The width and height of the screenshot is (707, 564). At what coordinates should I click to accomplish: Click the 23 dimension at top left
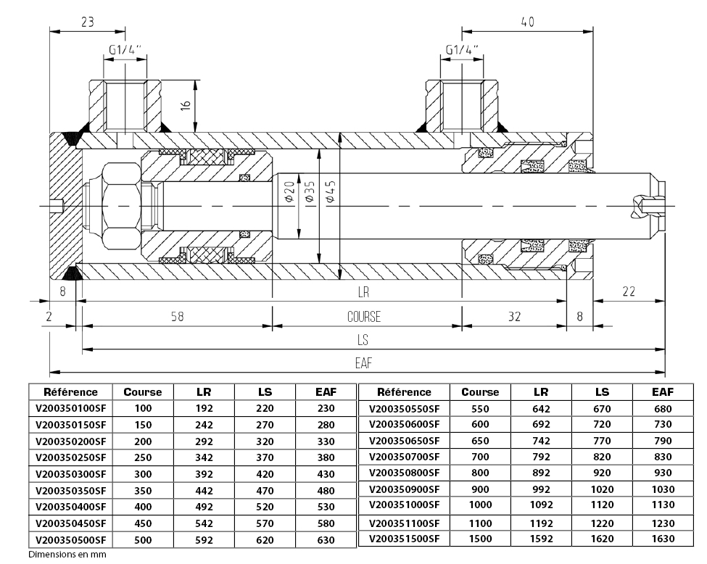87,22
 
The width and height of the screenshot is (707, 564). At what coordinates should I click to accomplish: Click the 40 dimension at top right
527,22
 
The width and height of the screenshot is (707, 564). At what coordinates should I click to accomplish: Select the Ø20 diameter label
288,192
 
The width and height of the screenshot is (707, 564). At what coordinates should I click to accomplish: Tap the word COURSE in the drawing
363,317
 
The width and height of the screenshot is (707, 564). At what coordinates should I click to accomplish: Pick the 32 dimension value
514,317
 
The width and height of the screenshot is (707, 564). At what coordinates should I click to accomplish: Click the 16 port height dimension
186,104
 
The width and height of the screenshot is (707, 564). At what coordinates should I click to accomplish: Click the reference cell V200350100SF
70,409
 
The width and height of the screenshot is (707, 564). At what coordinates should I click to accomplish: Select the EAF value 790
662,441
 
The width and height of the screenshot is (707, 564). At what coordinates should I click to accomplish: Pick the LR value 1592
541,539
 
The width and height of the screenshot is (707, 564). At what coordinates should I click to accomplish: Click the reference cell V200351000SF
405,505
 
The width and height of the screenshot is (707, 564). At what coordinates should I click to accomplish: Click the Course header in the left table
143,392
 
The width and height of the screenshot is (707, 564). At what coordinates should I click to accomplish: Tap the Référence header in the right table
405,392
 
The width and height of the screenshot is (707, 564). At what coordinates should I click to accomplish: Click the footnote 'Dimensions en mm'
67,555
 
